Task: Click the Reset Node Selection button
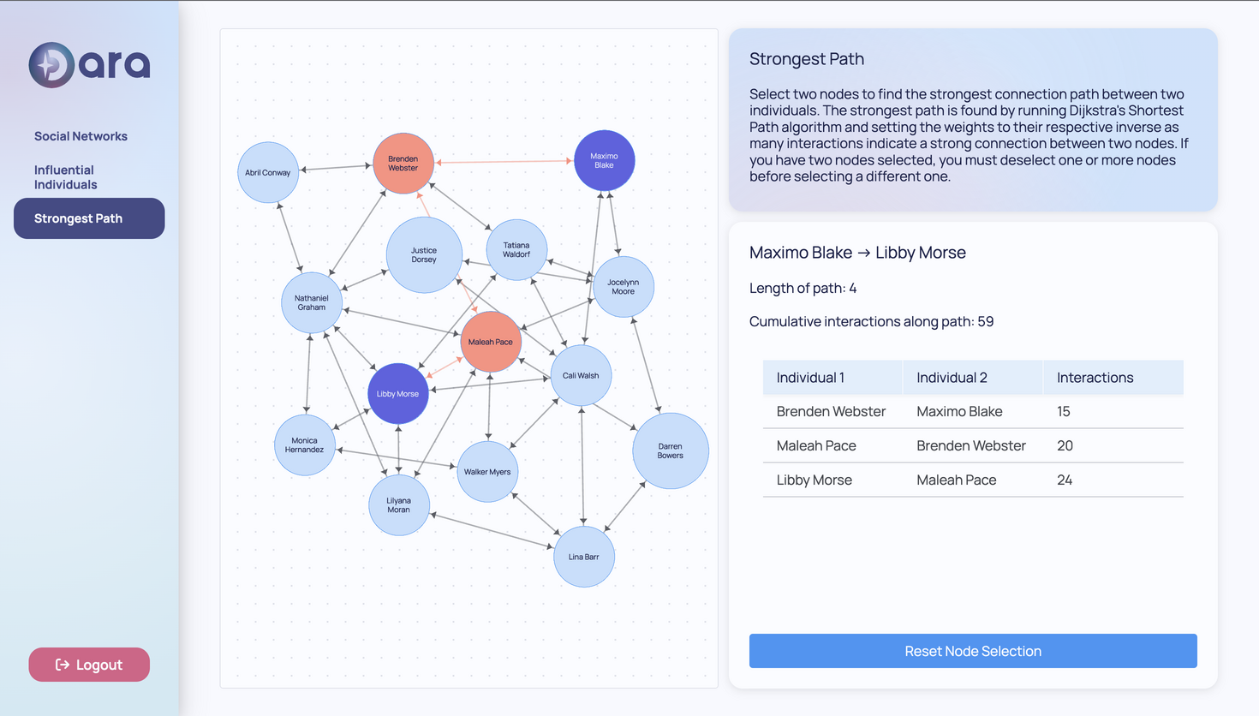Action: point(973,651)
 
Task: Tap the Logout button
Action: point(89,665)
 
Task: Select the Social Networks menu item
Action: point(81,136)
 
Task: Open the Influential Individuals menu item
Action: point(66,177)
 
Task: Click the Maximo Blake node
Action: point(604,160)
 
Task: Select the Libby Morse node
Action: point(397,394)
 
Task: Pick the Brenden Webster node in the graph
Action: point(403,164)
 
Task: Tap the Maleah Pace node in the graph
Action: point(490,342)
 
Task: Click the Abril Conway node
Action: point(268,172)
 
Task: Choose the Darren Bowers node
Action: point(670,450)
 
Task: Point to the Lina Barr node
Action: point(583,557)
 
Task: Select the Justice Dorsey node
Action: point(424,255)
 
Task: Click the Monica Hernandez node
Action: point(304,445)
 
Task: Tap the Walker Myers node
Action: point(487,472)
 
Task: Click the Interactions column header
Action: point(1095,378)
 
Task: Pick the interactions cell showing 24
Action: point(1065,480)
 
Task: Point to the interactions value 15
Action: point(1064,411)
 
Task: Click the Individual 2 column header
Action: point(952,378)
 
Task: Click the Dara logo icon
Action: point(51,65)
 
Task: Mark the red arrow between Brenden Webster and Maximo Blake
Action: point(504,161)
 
